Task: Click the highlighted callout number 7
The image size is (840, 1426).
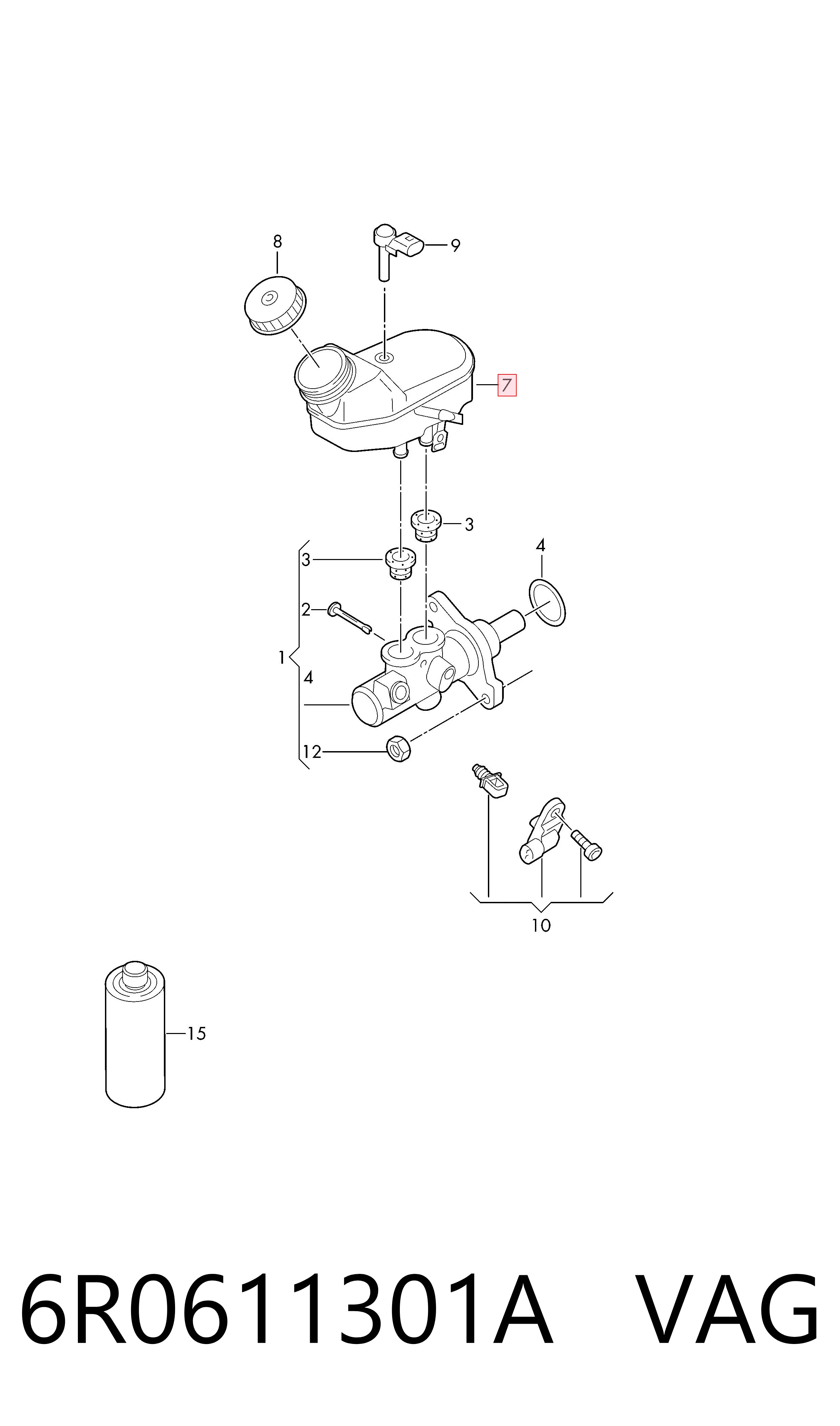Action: click(507, 385)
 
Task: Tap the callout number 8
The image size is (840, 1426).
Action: click(277, 242)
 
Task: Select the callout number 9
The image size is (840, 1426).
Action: click(455, 245)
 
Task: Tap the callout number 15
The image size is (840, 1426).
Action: click(196, 1034)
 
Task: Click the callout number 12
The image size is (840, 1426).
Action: click(312, 751)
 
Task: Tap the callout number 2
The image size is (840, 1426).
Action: click(306, 610)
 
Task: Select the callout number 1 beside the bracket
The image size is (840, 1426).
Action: click(281, 658)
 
